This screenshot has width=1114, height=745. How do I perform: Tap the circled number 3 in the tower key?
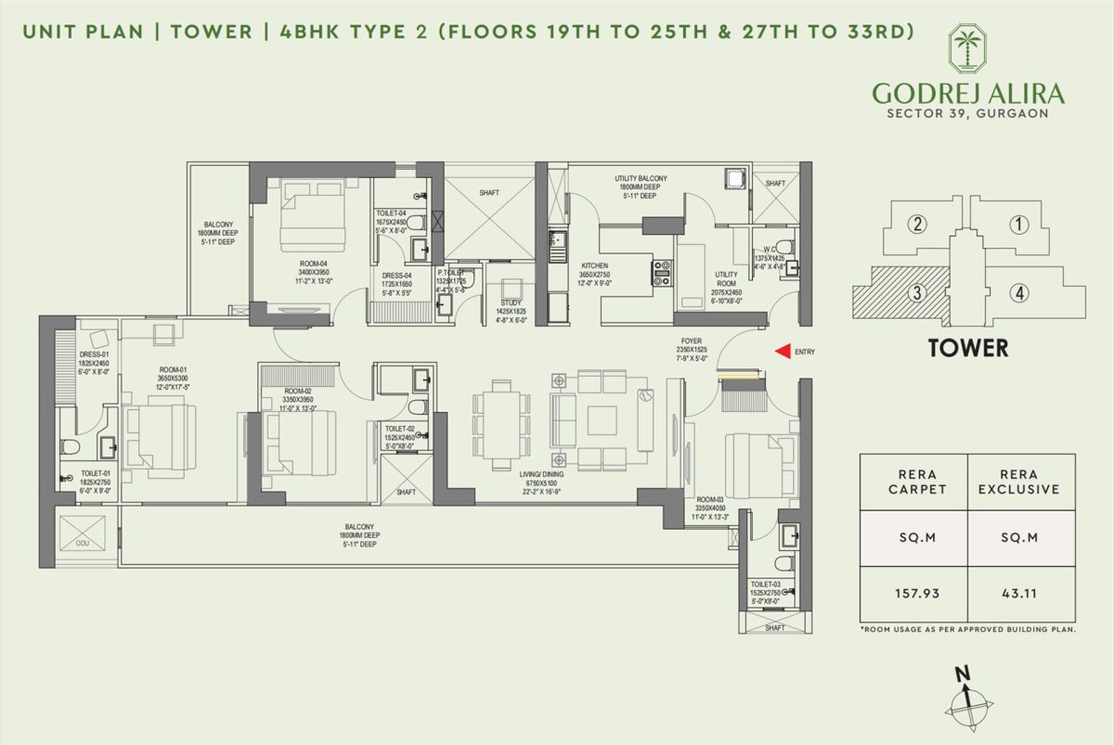click(917, 294)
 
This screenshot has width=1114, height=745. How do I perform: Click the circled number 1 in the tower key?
click(1018, 224)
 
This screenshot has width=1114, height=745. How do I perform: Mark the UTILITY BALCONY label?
click(640, 177)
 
